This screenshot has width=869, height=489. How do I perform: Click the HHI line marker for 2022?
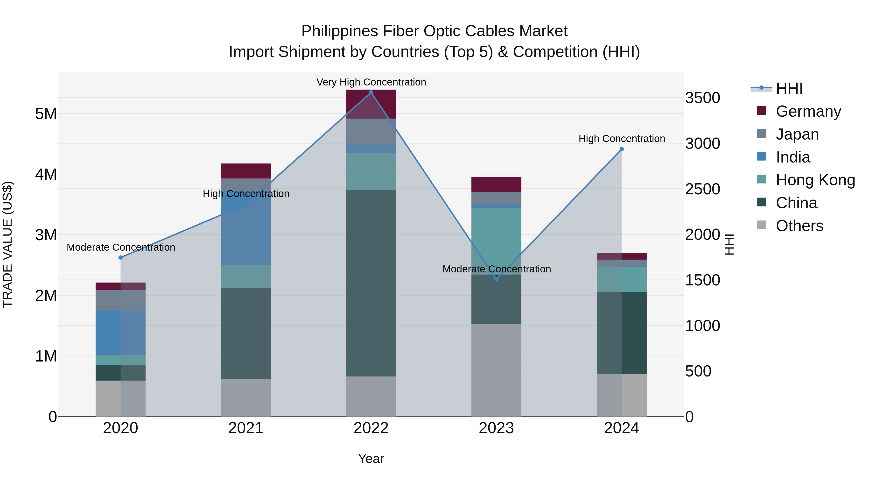coord(371,92)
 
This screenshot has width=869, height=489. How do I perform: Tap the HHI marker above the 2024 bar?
coord(622,149)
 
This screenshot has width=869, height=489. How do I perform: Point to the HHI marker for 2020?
coord(121,257)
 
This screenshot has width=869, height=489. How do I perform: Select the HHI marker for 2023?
coord(496,279)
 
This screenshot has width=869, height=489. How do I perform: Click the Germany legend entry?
coord(808,111)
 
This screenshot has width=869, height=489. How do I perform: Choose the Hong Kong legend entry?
coord(815,180)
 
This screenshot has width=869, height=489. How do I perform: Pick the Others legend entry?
coord(799,226)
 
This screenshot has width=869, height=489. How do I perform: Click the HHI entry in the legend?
coord(789,88)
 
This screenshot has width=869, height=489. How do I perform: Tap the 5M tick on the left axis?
coord(46,114)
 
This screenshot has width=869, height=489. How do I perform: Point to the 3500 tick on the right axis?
coord(703,98)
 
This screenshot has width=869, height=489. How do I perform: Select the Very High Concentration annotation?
coord(371,82)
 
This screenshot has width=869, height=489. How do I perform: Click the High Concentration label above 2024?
coord(622,139)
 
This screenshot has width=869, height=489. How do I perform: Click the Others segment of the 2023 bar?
coord(496,370)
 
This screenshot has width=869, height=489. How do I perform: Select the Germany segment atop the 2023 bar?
coord(496,184)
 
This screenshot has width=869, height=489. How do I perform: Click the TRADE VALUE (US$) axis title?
coord(8,244)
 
